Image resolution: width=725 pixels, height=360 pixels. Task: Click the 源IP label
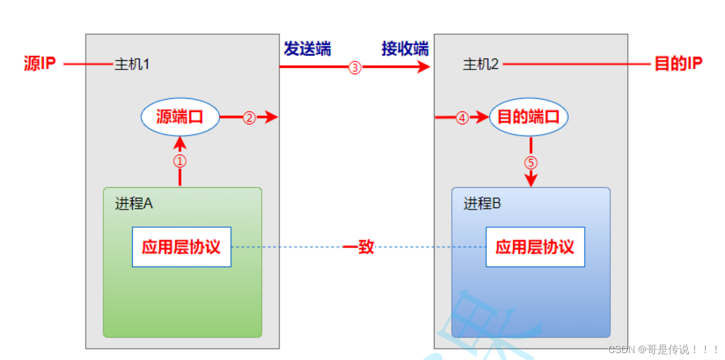(x=40, y=64)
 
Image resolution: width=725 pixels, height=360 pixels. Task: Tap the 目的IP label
(x=678, y=64)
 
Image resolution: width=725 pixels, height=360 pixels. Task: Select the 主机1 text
(x=132, y=65)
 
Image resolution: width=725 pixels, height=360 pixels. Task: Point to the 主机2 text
(x=480, y=65)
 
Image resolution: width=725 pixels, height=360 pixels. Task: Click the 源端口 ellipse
(x=180, y=117)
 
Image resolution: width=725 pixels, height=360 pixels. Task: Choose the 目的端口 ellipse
(x=528, y=117)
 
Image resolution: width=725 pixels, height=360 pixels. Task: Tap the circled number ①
(x=180, y=161)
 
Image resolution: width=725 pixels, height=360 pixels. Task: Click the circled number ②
(x=249, y=118)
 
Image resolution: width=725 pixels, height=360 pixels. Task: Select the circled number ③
(x=355, y=67)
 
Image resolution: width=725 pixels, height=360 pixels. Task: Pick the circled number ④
(x=462, y=118)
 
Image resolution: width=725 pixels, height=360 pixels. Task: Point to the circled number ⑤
(x=531, y=163)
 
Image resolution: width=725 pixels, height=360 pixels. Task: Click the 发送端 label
(x=307, y=49)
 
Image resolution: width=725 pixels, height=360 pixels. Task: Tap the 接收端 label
(x=405, y=49)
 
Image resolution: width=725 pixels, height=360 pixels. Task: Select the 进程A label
(x=134, y=204)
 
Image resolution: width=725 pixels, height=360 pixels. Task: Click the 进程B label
(x=482, y=204)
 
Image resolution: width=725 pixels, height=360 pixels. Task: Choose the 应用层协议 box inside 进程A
(x=181, y=247)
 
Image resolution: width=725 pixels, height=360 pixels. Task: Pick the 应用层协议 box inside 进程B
(x=535, y=247)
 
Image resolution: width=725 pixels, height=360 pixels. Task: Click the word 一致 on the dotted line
(x=358, y=247)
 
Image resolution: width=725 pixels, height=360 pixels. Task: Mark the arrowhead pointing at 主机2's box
(x=424, y=67)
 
